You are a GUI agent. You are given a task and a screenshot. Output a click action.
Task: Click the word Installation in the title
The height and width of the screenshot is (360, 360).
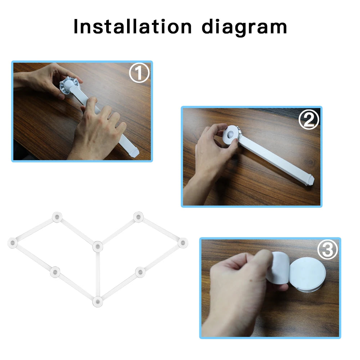[x=132, y=27]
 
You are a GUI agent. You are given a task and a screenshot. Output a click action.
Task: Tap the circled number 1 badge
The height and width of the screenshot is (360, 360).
[x=139, y=73]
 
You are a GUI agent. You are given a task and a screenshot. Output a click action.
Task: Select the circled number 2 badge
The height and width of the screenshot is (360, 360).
[x=309, y=120]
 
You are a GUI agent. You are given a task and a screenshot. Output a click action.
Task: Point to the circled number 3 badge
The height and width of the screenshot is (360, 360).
[x=327, y=250]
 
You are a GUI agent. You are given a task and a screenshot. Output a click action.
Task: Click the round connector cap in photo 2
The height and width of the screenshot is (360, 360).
[x=230, y=134]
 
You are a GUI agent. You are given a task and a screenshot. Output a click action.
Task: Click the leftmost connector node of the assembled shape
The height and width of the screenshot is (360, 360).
[x=13, y=243]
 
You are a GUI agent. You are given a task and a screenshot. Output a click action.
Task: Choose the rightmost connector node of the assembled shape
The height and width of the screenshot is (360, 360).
[x=183, y=243]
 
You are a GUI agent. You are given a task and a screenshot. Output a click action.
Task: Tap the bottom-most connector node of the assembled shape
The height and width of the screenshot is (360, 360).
[x=98, y=301]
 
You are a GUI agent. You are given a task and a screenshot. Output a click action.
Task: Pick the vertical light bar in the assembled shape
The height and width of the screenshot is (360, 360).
[x=98, y=274]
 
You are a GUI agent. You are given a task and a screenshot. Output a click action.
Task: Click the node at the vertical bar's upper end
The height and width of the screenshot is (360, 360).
[x=98, y=247]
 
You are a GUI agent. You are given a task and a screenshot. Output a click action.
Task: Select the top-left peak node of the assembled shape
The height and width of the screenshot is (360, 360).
[x=57, y=217]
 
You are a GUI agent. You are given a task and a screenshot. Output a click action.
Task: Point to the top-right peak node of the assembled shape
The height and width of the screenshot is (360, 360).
[x=138, y=217]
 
